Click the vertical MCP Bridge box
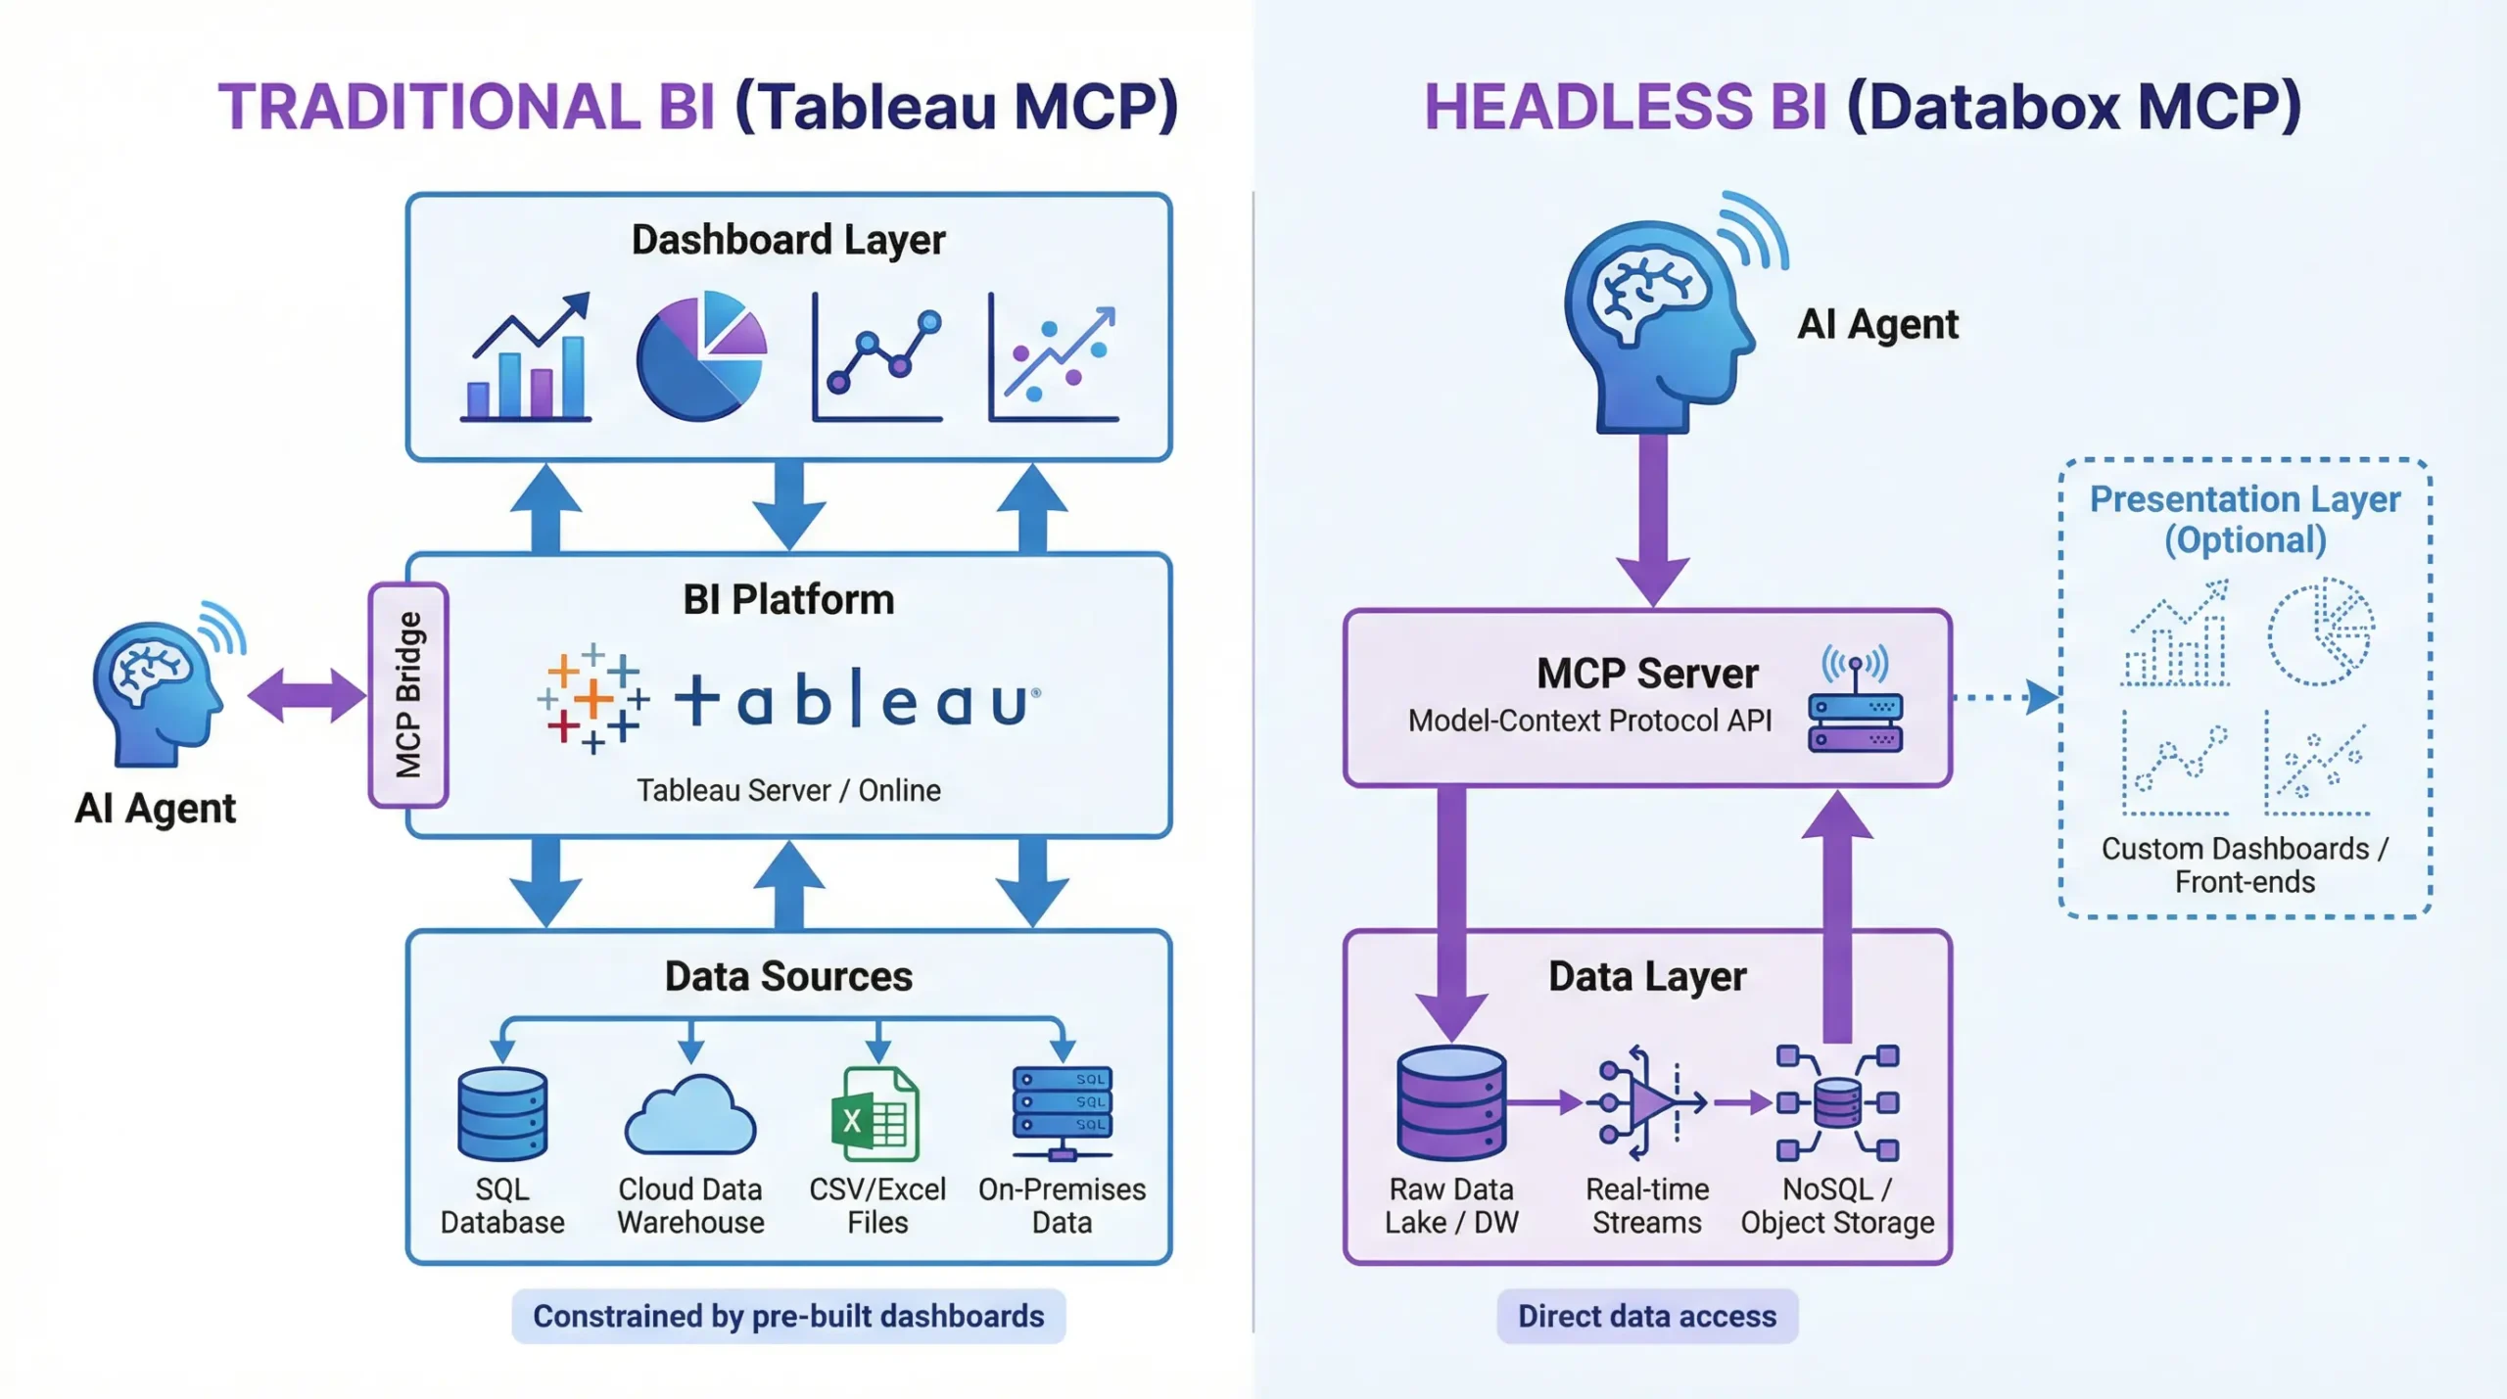click(x=408, y=695)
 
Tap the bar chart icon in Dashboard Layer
click(x=527, y=358)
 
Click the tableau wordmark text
click(x=857, y=700)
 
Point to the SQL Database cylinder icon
click(x=502, y=1113)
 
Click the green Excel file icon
click(x=875, y=1113)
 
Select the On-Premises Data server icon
click(x=1063, y=1112)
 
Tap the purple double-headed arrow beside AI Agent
click(x=307, y=696)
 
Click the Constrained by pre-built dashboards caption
click(x=788, y=1316)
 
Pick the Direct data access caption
click(x=1646, y=1316)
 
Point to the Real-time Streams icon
click(x=1647, y=1102)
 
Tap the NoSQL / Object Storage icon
click(x=1838, y=1102)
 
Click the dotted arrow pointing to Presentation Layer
click(x=2004, y=697)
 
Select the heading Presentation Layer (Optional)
click(x=2245, y=519)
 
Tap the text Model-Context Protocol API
click(x=1589, y=721)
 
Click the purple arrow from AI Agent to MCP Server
click(x=1653, y=519)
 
